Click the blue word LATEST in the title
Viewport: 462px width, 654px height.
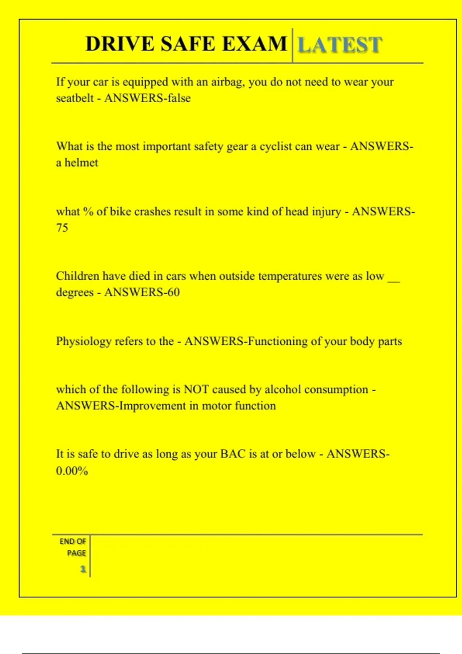(340, 45)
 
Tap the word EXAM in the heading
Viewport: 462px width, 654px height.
(255, 43)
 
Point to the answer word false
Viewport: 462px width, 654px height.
(179, 98)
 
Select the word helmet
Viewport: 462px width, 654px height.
(81, 163)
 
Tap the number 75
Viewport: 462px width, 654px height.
(62, 228)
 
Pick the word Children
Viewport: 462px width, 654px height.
(78, 276)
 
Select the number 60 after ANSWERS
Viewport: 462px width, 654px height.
(173, 292)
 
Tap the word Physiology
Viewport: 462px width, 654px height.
(83, 342)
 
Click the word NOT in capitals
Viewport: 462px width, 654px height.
(196, 390)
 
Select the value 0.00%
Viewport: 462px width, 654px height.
(72, 470)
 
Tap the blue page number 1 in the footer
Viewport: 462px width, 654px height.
(83, 569)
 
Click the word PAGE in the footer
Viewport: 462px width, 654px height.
(76, 553)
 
